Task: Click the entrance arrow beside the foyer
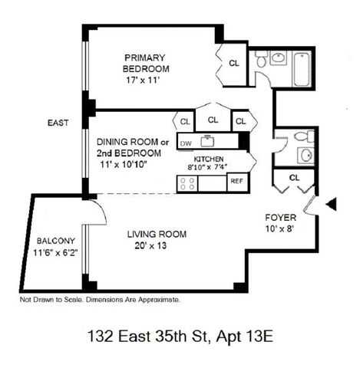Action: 332,204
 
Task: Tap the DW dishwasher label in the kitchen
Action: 186,143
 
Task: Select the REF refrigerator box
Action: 237,182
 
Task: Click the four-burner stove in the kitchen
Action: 187,183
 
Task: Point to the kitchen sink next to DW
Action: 207,141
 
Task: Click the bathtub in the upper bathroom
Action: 302,69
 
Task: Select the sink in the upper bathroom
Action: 279,58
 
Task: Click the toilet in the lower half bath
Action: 305,136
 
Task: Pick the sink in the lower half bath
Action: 306,155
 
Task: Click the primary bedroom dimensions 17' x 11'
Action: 143,80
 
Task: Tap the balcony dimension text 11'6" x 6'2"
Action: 55,253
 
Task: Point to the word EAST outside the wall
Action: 58,123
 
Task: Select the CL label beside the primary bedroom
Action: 234,63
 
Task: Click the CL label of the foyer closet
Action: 294,177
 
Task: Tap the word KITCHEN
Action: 209,159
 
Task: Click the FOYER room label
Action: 281,218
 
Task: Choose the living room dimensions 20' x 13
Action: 150,246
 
